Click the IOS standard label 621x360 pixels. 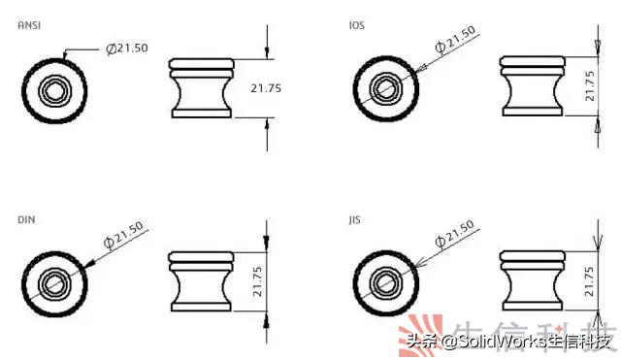point(356,25)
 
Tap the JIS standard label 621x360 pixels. point(354,221)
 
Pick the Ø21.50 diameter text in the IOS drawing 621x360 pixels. point(456,40)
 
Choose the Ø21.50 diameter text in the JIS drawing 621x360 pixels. point(455,234)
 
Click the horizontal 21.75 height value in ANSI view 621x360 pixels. point(266,88)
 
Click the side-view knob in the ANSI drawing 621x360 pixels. point(202,88)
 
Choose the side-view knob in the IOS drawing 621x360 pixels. point(531,88)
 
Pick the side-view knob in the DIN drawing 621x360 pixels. point(202,282)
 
